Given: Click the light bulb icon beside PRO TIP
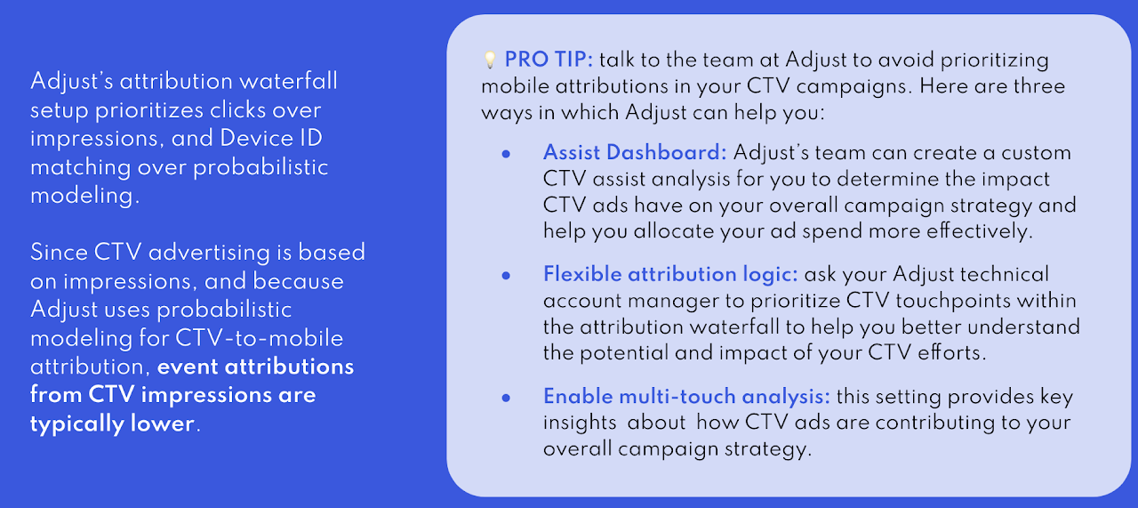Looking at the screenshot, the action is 489,60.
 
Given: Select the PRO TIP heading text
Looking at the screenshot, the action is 549,60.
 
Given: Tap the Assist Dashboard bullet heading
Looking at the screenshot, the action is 635,152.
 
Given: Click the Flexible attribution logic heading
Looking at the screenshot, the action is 670,275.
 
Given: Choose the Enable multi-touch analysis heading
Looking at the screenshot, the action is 687,397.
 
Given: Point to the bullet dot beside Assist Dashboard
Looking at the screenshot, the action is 506,154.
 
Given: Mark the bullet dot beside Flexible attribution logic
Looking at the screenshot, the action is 506,276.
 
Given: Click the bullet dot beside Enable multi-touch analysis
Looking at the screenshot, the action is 506,398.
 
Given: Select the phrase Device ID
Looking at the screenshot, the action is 271,138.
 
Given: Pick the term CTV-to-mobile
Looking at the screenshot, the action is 259,338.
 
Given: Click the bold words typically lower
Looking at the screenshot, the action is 112,423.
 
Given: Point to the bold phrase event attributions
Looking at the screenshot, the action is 255,367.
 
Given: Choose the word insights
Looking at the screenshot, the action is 580,423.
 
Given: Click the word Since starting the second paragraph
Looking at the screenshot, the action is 59,253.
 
